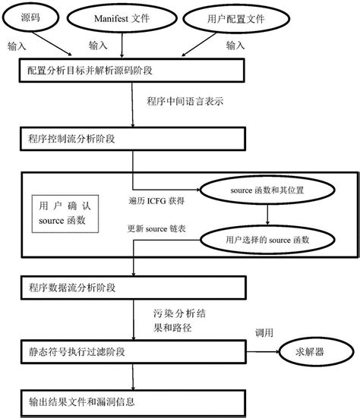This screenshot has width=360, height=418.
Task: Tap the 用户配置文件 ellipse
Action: click(x=235, y=17)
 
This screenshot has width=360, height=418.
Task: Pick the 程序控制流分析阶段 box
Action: click(x=132, y=139)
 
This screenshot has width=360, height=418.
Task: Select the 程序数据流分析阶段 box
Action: click(x=132, y=288)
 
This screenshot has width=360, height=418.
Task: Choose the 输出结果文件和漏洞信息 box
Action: click(x=132, y=400)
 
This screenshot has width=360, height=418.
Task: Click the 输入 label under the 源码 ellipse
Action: click(x=17, y=46)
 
